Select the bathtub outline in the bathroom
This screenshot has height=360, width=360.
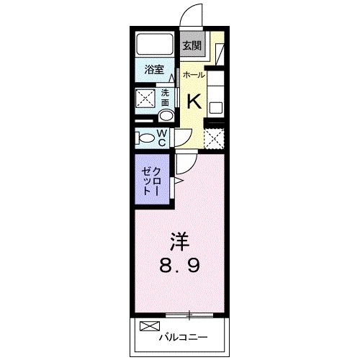point(153,46)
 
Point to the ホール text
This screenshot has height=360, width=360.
point(194,75)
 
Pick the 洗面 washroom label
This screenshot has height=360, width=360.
point(165,97)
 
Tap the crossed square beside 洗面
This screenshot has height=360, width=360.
point(147,98)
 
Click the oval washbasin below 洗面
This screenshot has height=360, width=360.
point(166,114)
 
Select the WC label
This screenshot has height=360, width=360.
point(162,137)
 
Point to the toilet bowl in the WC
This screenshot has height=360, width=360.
point(145,137)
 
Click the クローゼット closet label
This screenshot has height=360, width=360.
point(151,181)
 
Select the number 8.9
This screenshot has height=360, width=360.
point(180,265)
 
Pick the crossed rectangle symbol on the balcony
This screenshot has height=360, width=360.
point(147,325)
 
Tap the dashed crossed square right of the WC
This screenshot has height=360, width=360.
point(214,137)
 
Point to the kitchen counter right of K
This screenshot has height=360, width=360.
point(216,94)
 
